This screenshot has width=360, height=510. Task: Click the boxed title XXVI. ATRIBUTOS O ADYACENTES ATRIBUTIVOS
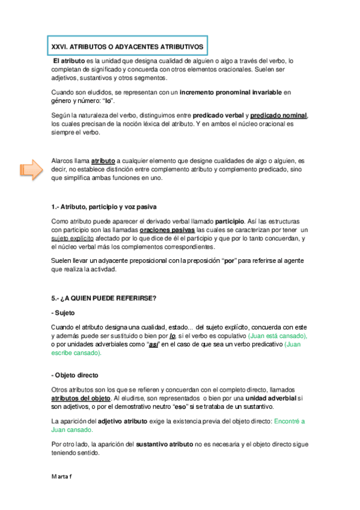point(127,46)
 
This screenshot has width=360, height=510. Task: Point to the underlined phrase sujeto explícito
point(75,239)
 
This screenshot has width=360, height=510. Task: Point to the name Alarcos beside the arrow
point(64,161)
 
